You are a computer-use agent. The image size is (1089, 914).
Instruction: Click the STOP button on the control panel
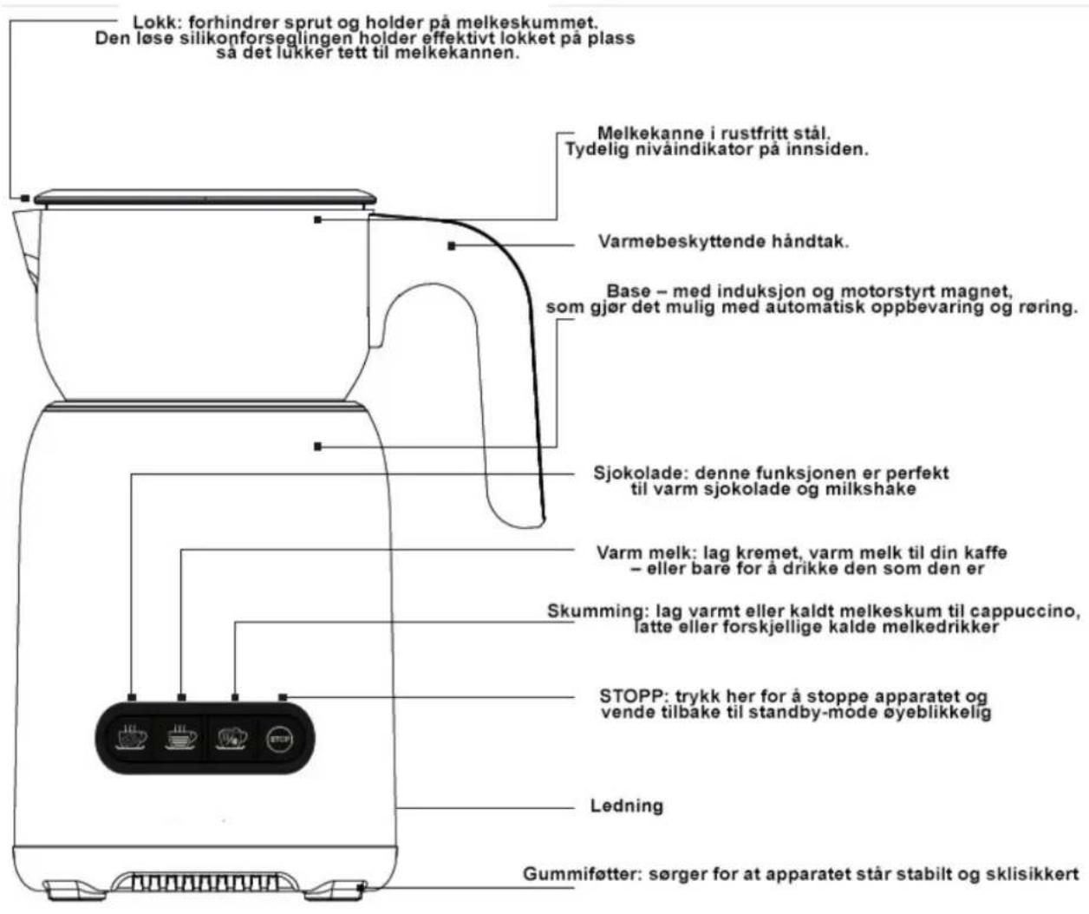pos(279,739)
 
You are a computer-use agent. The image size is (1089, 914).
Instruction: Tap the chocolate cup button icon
pos(132,738)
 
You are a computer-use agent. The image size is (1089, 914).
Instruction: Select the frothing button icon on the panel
pos(231,738)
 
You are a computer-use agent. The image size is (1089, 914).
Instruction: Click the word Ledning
pos(626,806)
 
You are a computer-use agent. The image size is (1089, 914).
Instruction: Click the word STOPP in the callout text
pos(633,696)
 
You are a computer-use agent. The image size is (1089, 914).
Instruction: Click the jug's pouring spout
pos(26,245)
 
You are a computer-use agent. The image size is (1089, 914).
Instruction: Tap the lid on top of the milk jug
pos(205,198)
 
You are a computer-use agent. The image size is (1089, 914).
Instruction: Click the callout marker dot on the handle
pos(452,245)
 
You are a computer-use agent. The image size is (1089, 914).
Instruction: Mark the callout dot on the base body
pos(317,447)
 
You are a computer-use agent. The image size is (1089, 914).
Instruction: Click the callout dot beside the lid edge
pos(24,199)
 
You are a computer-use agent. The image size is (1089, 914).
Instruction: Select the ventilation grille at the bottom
pos(205,882)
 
